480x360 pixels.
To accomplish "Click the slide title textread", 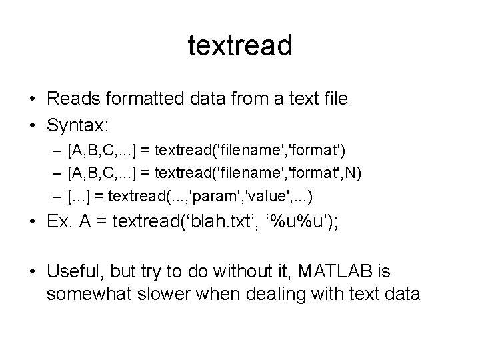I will pos(240,46).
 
